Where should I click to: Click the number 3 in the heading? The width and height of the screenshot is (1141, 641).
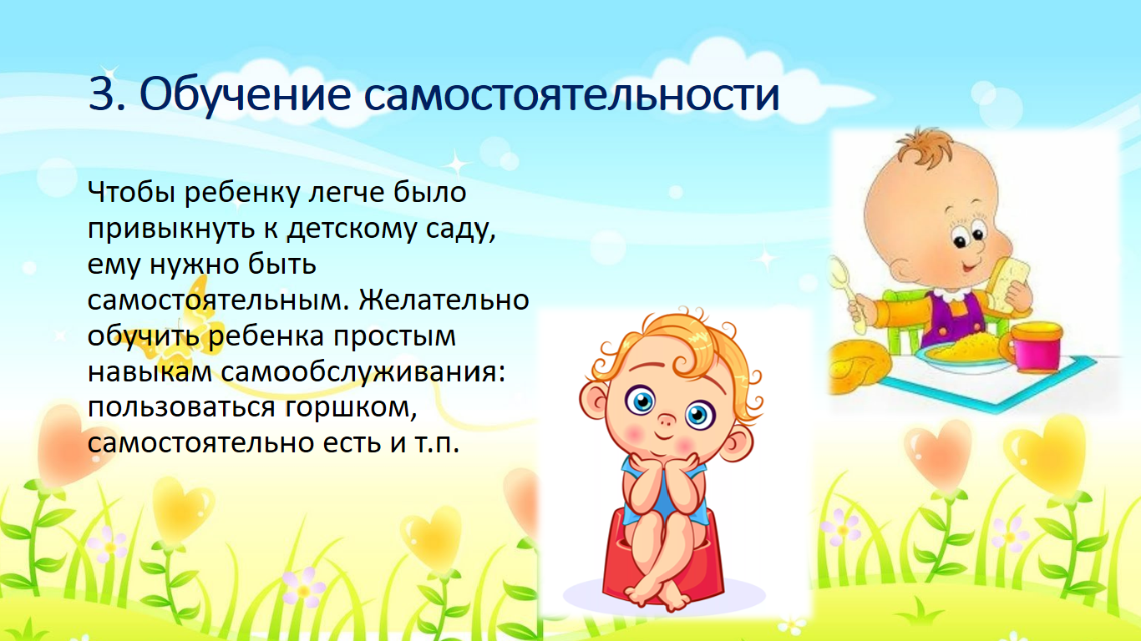(103, 93)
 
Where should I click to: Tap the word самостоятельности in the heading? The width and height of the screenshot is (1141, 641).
(571, 94)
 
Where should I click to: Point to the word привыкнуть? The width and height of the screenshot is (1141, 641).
(171, 229)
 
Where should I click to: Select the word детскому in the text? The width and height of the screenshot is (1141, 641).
(351, 229)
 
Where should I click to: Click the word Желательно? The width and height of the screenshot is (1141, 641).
(444, 300)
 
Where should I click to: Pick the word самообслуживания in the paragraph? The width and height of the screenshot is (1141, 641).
(363, 372)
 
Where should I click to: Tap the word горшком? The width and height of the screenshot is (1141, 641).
(351, 408)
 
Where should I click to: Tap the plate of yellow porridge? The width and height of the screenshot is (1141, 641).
(963, 352)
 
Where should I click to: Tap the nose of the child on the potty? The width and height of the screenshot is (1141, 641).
(666, 421)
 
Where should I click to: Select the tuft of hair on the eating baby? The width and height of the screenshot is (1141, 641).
(925, 146)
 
